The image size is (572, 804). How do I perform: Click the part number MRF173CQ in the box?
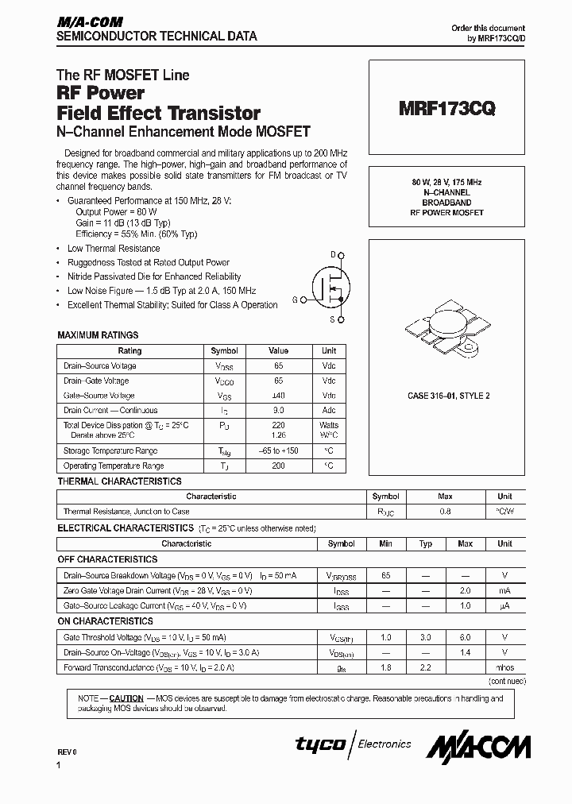[447, 110]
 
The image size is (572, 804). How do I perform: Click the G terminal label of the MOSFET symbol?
[295, 300]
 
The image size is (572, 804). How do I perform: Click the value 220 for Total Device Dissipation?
[278, 425]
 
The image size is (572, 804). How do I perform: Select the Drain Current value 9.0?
[278, 410]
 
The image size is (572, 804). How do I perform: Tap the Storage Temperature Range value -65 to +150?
[278, 451]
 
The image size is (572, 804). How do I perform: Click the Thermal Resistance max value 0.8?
[445, 512]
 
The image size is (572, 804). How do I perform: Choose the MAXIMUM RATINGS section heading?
[98, 335]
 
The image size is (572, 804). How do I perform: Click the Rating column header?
[129, 350]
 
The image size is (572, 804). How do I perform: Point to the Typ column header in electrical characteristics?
[426, 543]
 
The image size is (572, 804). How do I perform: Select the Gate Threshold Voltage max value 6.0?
[466, 637]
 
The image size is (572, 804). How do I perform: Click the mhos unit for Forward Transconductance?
[504, 667]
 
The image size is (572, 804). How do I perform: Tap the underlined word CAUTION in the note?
[126, 698]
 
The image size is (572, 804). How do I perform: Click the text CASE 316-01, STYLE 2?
[449, 395]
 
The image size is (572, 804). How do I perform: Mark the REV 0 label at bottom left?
[67, 752]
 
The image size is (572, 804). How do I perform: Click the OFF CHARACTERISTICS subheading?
[107, 559]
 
